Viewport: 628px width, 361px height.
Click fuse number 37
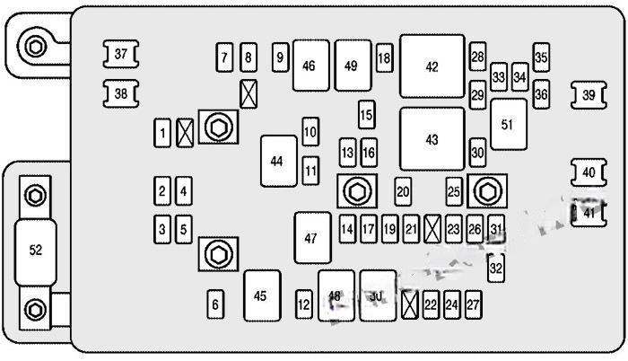tap(121, 55)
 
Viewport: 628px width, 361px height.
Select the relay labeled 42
tap(432, 66)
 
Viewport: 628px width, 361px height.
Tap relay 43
tap(432, 139)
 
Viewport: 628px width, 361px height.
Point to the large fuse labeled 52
tap(37, 250)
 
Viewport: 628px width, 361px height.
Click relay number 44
tap(276, 161)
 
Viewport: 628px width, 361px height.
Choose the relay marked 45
tap(260, 295)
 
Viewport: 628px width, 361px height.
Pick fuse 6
tap(215, 304)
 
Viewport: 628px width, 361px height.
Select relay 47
tap(311, 238)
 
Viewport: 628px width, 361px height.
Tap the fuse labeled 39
tap(588, 94)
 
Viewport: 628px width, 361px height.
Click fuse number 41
tap(588, 212)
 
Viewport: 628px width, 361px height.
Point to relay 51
tap(508, 125)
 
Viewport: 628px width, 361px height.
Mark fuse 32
tap(496, 267)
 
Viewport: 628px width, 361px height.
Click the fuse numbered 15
tap(366, 115)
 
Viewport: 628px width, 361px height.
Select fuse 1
tap(162, 135)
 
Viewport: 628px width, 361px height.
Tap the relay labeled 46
tap(310, 66)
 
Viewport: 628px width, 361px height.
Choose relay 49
tap(351, 66)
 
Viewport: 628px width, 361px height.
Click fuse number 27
tap(473, 305)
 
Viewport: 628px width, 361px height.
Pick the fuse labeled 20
tap(403, 190)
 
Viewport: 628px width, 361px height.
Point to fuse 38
tap(121, 92)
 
